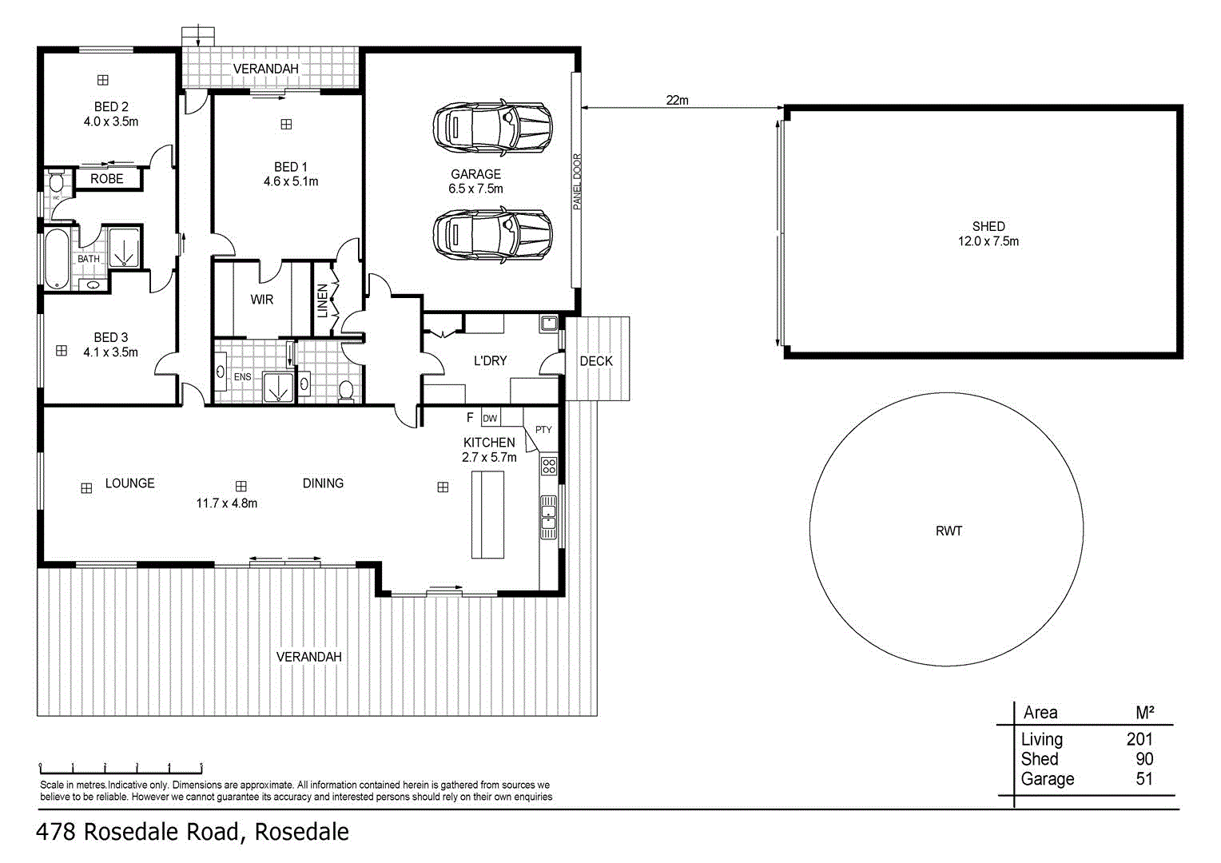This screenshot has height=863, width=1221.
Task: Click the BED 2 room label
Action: click(111, 107)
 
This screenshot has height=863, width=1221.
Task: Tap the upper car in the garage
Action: click(492, 126)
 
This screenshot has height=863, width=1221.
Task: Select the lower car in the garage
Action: click(492, 236)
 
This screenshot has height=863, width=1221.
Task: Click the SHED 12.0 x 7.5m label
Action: click(988, 234)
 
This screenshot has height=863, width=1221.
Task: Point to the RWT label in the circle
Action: click(949, 531)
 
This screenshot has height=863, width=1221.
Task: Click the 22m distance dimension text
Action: click(677, 101)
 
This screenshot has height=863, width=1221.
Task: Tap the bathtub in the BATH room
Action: click(56, 259)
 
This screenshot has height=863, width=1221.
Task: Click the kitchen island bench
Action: click(487, 514)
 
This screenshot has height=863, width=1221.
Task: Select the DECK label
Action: click(596, 361)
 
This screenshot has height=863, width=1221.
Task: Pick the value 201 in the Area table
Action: click(1139, 739)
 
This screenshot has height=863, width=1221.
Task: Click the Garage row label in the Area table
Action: click(1047, 779)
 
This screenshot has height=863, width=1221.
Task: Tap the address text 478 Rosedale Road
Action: click(193, 832)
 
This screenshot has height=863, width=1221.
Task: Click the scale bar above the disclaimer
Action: click(121, 769)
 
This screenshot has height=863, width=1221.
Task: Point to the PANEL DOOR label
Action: click(577, 181)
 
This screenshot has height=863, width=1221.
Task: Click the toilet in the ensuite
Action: click(346, 389)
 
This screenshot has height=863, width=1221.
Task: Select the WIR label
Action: click(261, 300)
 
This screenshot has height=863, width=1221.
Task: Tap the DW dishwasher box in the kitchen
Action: click(490, 418)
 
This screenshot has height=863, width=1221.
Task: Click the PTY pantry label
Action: click(543, 430)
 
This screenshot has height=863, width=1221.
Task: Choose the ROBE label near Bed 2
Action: click(107, 179)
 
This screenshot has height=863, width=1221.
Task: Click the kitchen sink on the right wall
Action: click(548, 517)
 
